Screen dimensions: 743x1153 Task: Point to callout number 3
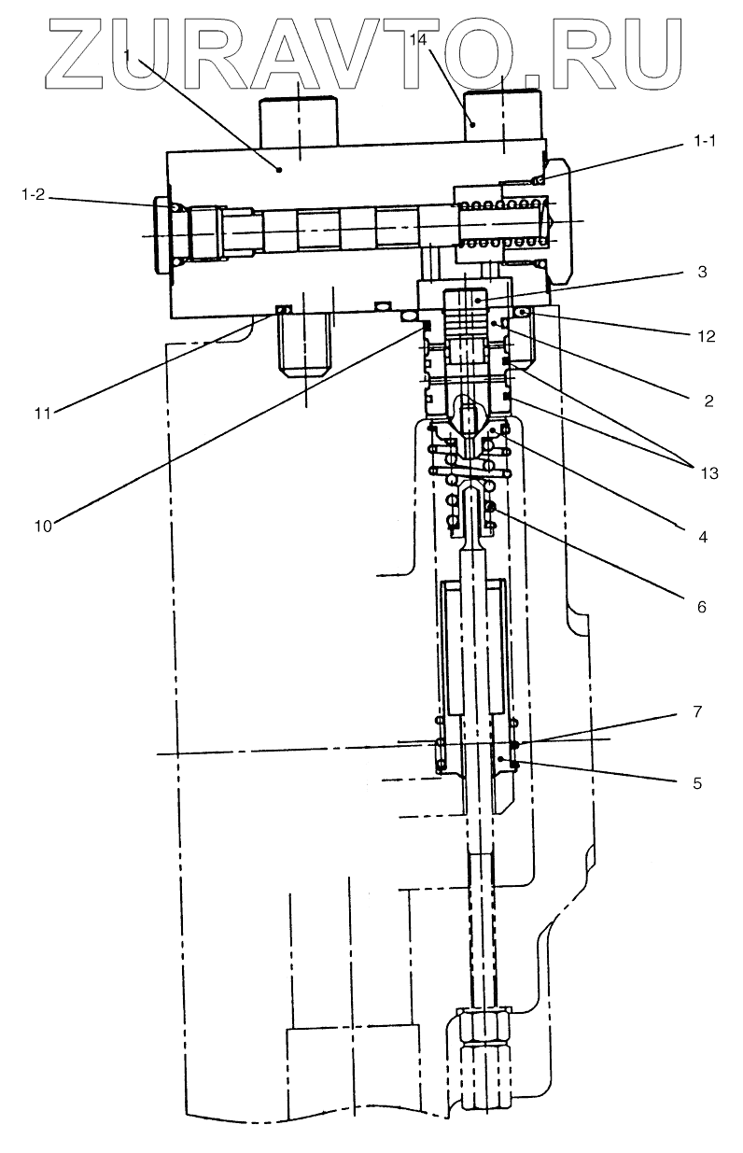click(701, 273)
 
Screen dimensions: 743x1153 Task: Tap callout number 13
click(708, 472)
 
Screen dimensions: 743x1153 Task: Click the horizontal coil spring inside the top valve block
click(504, 225)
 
